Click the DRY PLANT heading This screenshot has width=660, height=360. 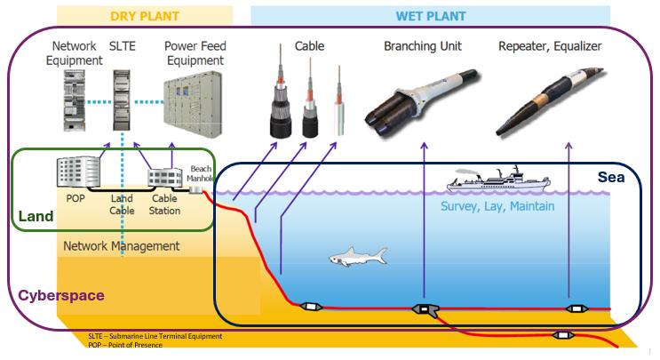coord(143,15)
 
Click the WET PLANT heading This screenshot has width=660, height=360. coord(431,15)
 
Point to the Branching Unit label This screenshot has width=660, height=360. coord(423,44)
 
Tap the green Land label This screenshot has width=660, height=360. coord(35,216)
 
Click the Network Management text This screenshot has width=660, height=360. coord(121,245)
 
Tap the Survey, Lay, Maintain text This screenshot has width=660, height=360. coord(498,206)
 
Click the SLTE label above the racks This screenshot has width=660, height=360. coord(121,44)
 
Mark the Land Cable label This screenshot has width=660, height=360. coord(122,205)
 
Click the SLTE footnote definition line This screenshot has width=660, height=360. coord(155,336)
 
